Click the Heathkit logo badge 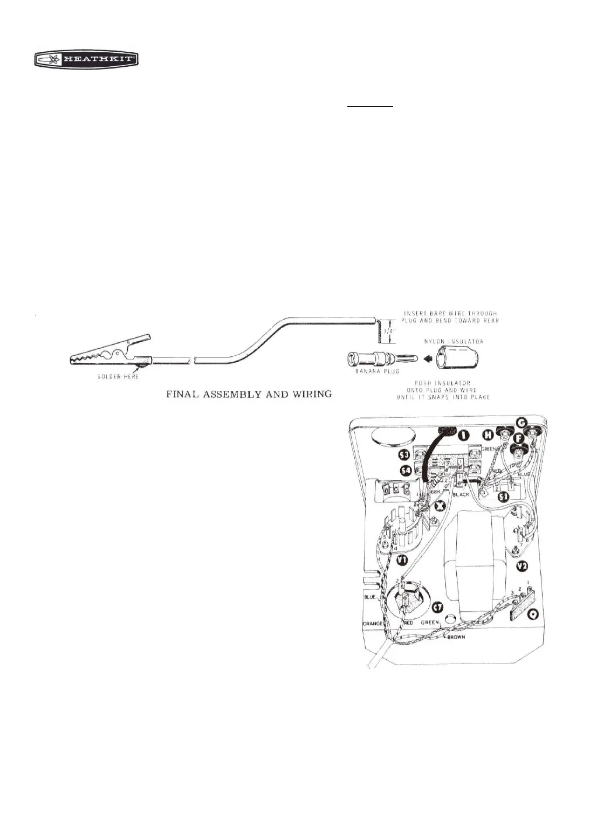(86, 60)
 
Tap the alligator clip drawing (110, 354)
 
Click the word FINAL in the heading (184, 394)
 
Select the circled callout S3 (403, 457)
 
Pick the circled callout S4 (403, 473)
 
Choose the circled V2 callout (521, 566)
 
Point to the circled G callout (521, 422)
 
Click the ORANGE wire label (372, 623)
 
